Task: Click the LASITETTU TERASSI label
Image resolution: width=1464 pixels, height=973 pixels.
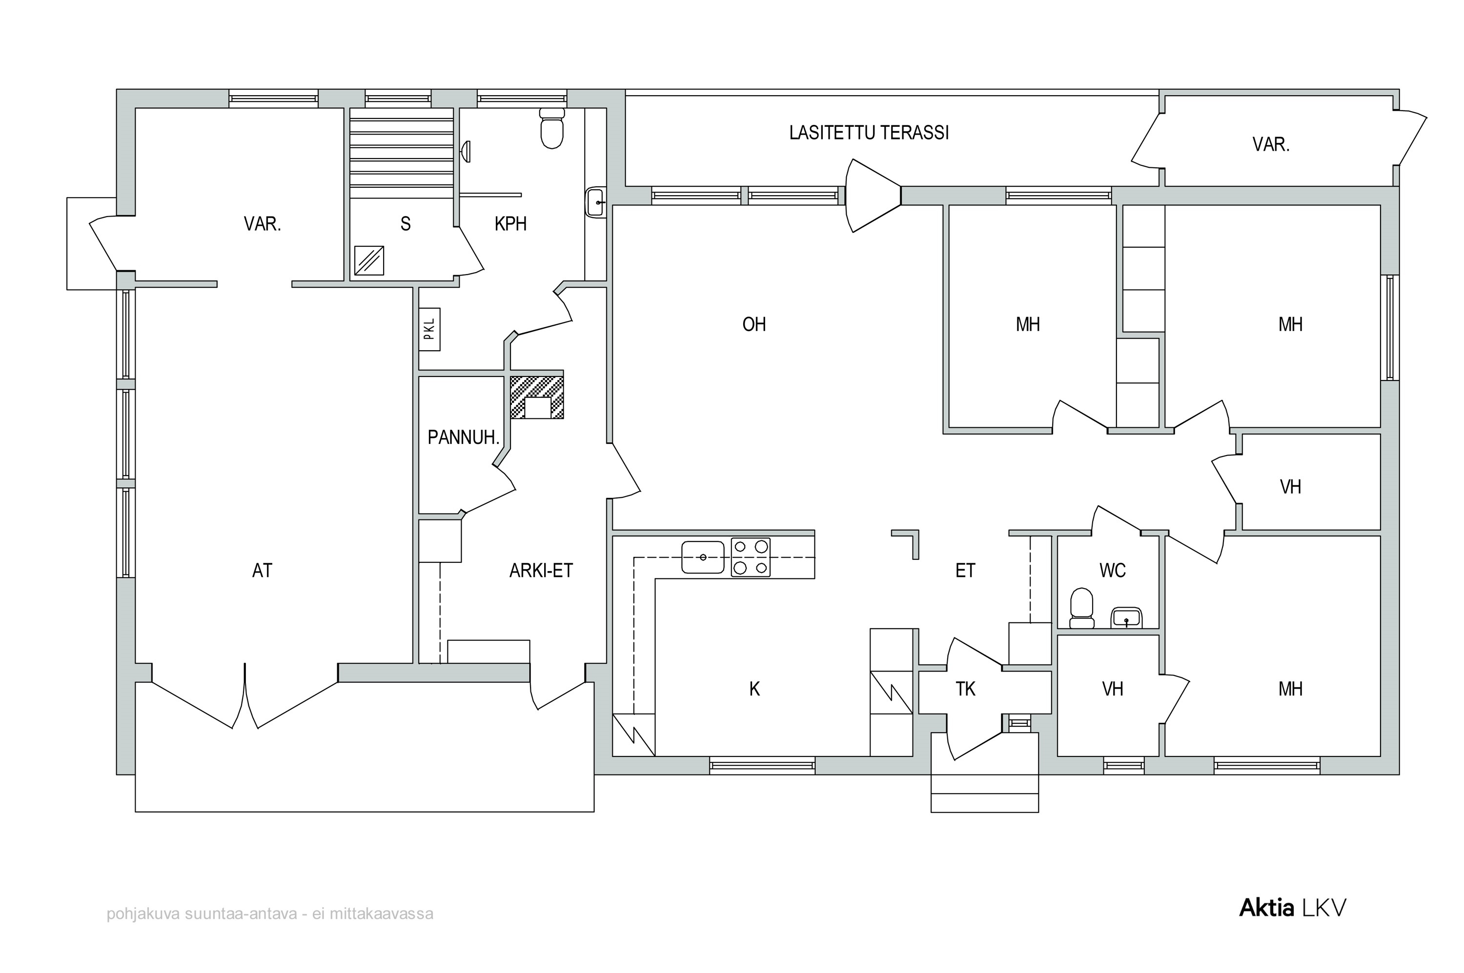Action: point(869,133)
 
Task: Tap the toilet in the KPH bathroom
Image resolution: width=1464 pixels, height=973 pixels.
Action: point(551,128)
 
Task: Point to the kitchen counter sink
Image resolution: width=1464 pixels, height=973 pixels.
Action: point(703,557)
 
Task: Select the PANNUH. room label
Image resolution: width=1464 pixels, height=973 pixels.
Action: point(463,437)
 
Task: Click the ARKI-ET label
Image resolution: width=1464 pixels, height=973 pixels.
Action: point(541,570)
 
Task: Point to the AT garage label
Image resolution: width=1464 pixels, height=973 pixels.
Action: point(262,570)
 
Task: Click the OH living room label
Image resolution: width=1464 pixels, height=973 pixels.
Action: point(754,324)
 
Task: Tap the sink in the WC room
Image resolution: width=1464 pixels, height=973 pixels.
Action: point(1126,617)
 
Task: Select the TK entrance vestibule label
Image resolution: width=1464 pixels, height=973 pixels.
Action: point(965,689)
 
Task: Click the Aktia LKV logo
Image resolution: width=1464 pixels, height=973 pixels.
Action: point(1293,908)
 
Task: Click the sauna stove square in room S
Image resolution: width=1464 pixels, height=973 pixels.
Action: point(369,260)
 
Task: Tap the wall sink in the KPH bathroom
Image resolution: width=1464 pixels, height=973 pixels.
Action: point(595,202)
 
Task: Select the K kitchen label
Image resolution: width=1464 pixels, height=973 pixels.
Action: point(754,689)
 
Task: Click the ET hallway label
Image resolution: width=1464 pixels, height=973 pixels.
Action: point(965,570)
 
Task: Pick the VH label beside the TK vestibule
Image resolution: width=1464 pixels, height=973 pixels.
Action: point(1113,689)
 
